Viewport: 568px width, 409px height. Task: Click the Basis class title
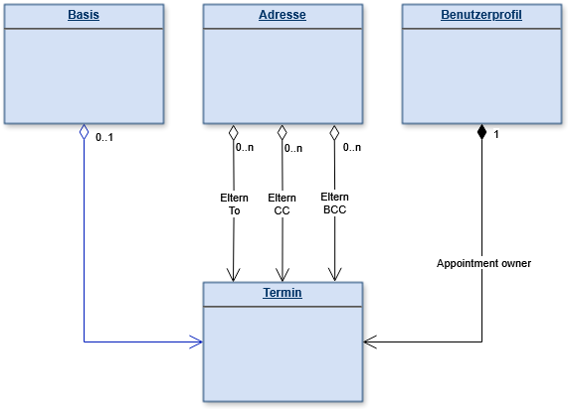pos(84,15)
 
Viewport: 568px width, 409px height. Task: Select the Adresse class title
pos(283,15)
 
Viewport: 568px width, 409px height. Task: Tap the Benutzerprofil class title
pos(481,15)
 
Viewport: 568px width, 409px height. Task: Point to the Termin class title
pos(283,293)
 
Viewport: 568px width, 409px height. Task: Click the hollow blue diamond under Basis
pos(84,132)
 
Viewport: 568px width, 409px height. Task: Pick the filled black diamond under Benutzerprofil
pos(481,132)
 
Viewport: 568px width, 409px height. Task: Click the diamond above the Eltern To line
pos(234,133)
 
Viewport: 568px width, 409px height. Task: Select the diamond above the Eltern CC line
pos(283,133)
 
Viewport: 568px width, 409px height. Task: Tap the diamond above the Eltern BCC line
pos(334,133)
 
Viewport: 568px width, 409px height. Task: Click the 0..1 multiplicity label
pos(104,137)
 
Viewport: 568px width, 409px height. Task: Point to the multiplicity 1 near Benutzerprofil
pos(496,135)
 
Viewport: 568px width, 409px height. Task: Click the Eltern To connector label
pos(234,204)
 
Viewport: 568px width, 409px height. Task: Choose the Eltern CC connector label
pos(282,204)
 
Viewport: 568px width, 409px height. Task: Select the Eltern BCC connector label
pos(334,204)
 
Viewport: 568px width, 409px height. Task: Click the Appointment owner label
pos(484,263)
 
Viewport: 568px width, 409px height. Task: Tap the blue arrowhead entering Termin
pos(196,341)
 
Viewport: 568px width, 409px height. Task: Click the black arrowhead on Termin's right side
pos(370,341)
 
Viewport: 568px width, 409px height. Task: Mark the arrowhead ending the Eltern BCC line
pos(334,274)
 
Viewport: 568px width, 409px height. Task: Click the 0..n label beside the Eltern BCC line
pos(352,148)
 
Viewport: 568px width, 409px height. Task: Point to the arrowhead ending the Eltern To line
pos(234,275)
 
